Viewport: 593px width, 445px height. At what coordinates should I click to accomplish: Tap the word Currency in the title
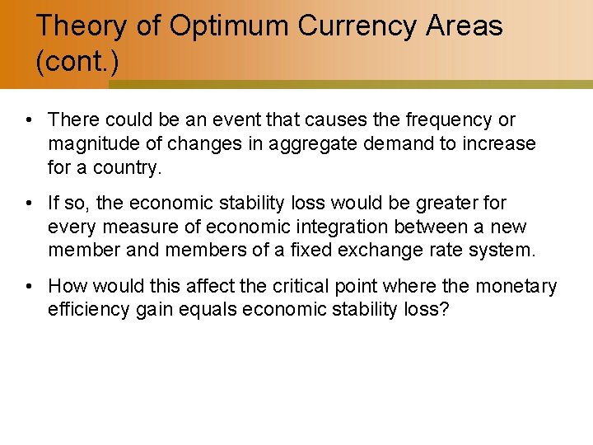(x=357, y=26)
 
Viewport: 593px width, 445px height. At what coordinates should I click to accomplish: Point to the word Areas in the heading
(x=465, y=26)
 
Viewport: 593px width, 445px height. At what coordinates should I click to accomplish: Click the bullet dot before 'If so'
(x=29, y=203)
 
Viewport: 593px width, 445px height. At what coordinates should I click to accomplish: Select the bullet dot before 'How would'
(x=29, y=286)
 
